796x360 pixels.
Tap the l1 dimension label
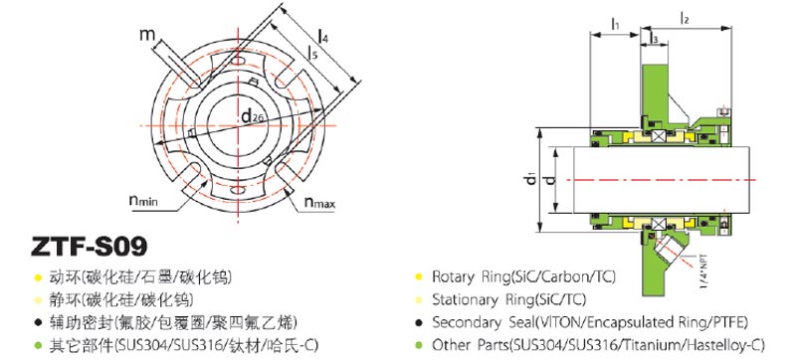coord(614,21)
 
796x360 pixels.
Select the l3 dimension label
coord(653,38)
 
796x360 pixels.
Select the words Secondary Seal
coord(482,322)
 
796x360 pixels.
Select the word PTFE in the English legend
coord(722,322)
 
